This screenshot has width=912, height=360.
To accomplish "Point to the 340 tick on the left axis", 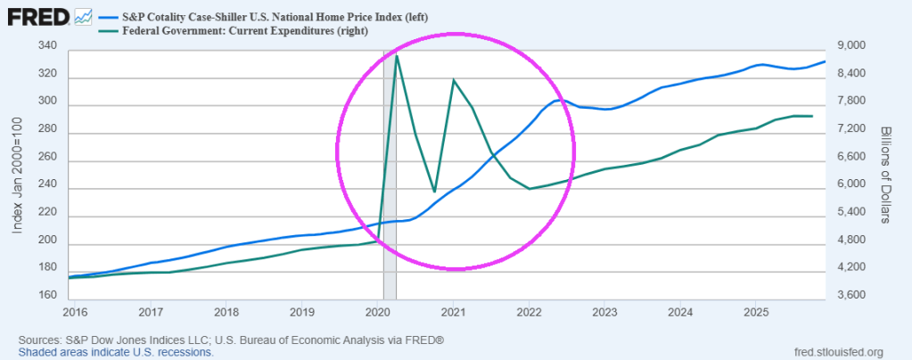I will pos(48,46).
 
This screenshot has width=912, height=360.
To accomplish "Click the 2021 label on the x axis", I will pos(454,312).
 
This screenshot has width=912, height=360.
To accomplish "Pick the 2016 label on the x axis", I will pos(77,312).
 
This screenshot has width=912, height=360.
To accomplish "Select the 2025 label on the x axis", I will pos(756,312).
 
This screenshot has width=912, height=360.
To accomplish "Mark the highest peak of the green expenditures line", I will pos(397,55).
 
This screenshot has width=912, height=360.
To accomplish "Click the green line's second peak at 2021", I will pos(454,80).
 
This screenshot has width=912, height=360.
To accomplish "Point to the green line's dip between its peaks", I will pos(434,192).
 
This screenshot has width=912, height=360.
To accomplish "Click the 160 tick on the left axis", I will pos(48,295).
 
